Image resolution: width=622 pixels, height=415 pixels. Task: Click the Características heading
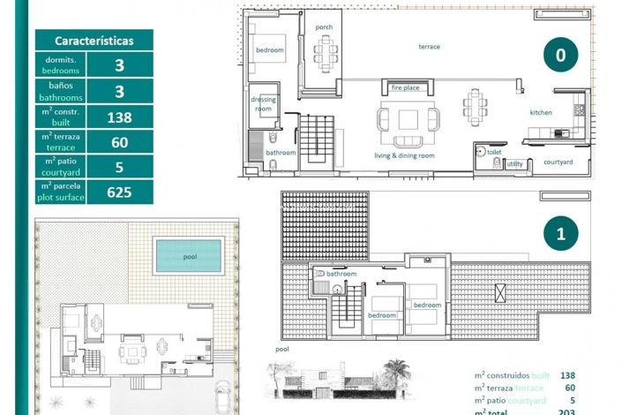tap(94, 41)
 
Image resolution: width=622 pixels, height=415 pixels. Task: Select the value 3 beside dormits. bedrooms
tap(119, 65)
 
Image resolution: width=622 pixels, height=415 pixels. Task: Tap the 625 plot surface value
tap(119, 192)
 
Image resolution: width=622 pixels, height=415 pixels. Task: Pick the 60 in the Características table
tap(119, 142)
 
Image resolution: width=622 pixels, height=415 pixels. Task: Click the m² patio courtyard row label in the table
tap(63, 167)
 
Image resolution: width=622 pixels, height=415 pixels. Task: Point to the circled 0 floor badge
tap(560, 55)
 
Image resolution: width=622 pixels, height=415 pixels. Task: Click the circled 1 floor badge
tap(560, 234)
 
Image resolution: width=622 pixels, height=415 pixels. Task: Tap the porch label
tap(324, 27)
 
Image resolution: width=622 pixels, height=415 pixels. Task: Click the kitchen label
tap(541, 113)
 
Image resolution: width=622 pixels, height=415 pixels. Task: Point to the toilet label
tap(494, 152)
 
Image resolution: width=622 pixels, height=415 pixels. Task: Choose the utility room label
tap(514, 163)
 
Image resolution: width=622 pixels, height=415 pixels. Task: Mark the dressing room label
tap(264, 104)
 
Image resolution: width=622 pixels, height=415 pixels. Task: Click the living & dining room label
tap(404, 155)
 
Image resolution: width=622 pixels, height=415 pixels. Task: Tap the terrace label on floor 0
tap(429, 47)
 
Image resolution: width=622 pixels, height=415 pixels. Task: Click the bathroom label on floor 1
tap(341, 274)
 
